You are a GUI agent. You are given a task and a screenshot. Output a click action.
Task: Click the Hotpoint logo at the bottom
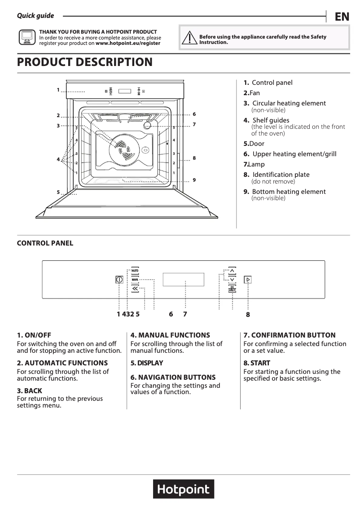coord(184,489)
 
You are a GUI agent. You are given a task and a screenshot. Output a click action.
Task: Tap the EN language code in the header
coord(342,17)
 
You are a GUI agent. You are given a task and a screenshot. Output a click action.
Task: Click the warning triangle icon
coord(189,39)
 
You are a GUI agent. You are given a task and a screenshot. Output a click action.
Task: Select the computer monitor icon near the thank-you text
coord(26,38)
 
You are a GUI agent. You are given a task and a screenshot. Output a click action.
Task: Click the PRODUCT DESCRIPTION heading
coord(84,62)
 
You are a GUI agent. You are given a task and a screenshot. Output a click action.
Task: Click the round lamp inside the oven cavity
coord(148,126)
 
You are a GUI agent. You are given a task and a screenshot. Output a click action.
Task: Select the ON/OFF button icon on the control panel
coord(119,280)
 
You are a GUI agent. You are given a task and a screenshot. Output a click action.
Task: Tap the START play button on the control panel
coord(248,280)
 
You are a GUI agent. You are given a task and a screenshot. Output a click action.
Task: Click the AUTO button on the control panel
coord(135,271)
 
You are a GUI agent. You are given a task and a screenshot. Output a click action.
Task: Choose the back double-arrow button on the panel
coord(135,289)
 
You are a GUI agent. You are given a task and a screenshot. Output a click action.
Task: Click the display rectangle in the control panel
coord(183,280)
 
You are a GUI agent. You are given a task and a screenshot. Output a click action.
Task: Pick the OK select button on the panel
coord(232,289)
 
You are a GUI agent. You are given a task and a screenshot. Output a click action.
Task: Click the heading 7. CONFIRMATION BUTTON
coord(289,335)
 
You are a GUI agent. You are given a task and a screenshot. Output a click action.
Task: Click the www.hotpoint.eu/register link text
coord(128,44)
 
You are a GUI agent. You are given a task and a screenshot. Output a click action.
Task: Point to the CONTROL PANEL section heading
coord(45,243)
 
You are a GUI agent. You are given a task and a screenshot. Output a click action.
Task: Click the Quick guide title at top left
coord(35,16)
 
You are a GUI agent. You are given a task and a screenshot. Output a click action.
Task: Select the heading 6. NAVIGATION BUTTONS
coord(173,377)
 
